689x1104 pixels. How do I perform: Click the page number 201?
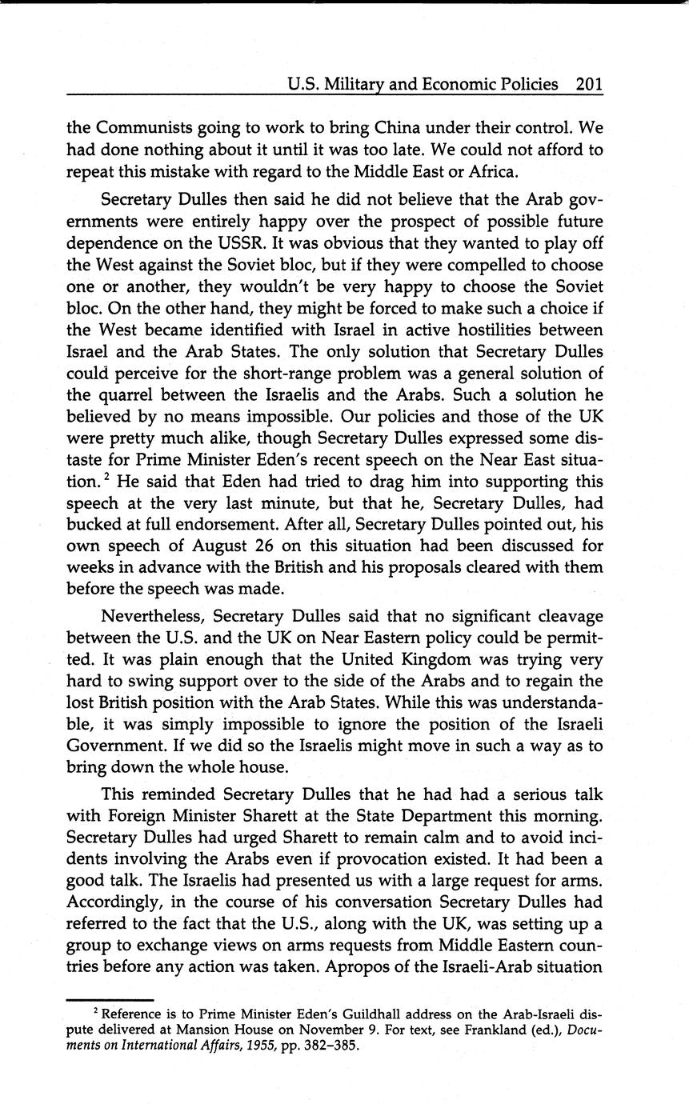coord(588,84)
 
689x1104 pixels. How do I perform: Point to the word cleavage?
coord(563,617)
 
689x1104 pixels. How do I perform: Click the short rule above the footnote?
coord(110,999)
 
